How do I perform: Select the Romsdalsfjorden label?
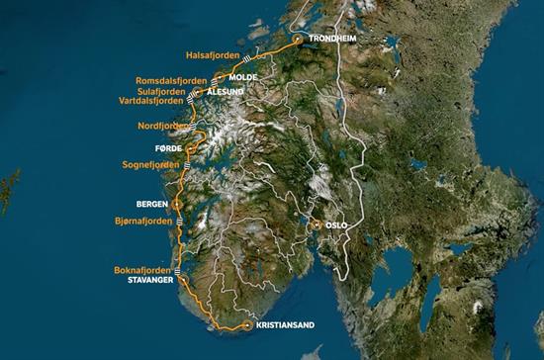(x=171, y=79)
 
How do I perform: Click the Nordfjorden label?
(x=162, y=127)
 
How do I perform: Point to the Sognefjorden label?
(x=150, y=164)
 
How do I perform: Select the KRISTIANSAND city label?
(x=285, y=324)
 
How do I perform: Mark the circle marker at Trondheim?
(x=298, y=40)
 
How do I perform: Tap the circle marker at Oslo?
(x=317, y=225)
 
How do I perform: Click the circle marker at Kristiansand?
(x=247, y=325)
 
